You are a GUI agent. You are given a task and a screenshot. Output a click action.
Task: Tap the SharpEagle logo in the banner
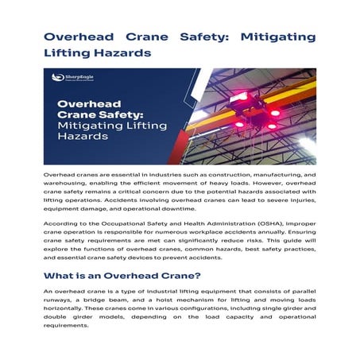(x=68, y=78)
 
